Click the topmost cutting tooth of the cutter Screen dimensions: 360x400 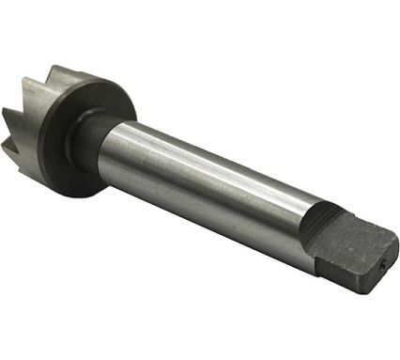click(58, 73)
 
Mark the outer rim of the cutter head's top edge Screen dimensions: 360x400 click(94, 83)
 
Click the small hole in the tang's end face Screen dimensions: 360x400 click(382, 264)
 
